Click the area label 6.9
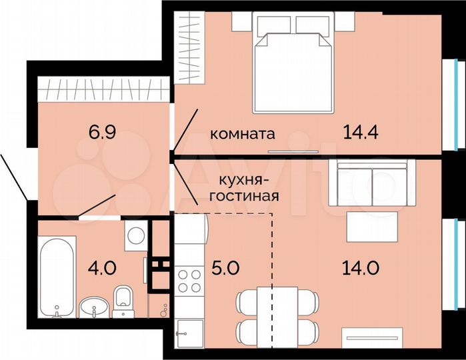coord(103,131)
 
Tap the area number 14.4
coord(361,132)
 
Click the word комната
coord(243,133)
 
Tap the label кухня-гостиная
coord(243,187)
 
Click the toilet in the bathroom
coord(122,301)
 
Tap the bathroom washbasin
coord(94,307)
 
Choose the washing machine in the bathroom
coord(137,236)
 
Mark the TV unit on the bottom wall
coord(378,337)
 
